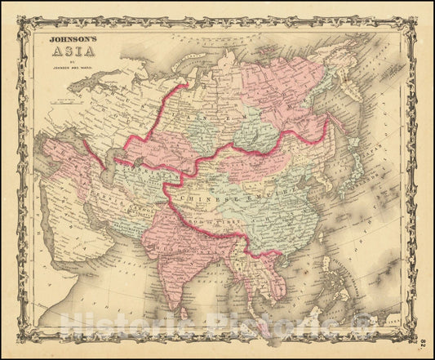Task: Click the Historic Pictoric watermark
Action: (220, 331)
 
